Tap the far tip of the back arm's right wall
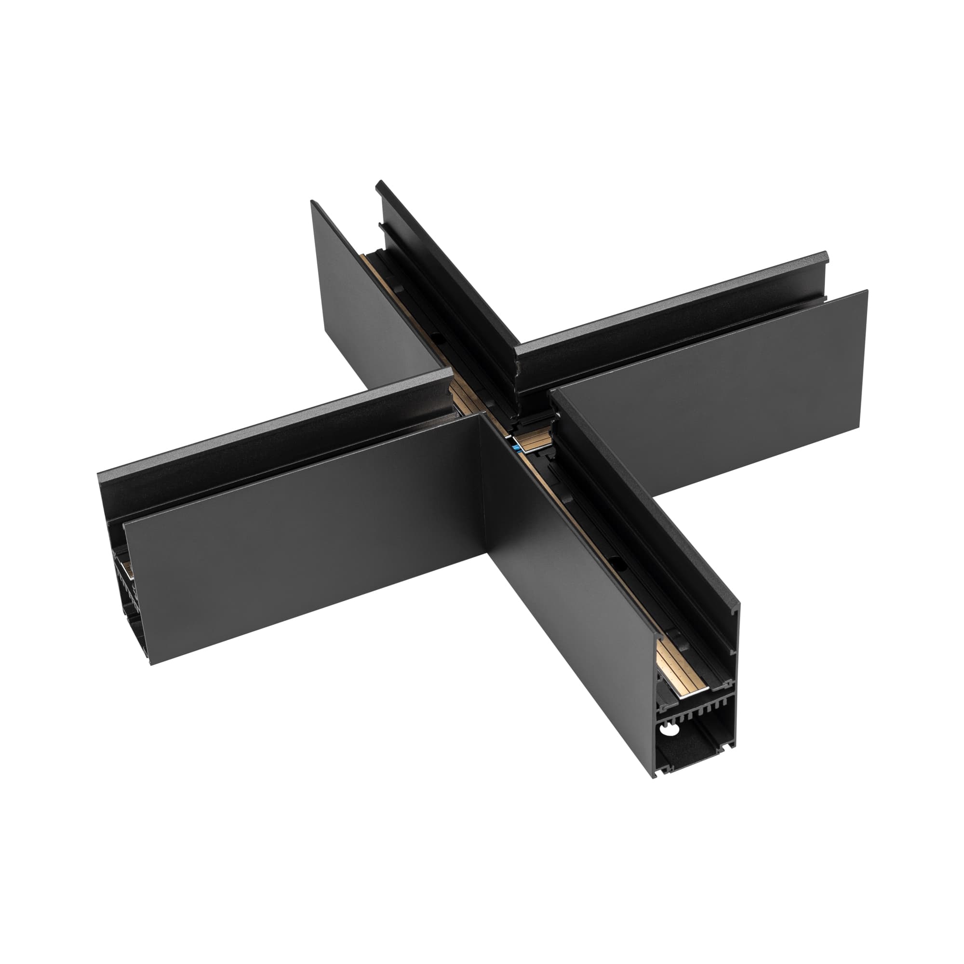point(380,184)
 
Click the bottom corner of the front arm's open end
point(654,791)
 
